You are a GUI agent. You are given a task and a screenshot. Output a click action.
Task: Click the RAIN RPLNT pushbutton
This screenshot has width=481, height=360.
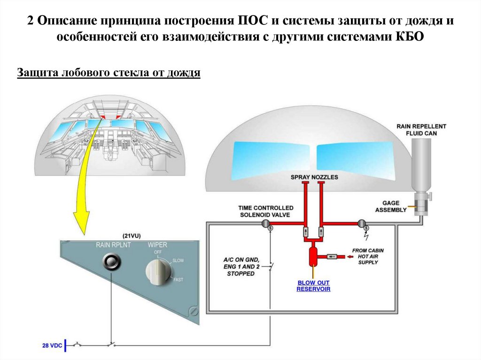coord(112,261)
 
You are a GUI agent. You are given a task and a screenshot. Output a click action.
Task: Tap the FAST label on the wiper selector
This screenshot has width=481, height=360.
coord(178,280)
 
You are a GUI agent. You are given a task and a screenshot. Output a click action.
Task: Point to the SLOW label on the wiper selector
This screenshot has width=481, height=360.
coord(178,260)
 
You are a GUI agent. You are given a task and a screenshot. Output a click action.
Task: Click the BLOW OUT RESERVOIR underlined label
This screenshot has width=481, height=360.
coord(313,286)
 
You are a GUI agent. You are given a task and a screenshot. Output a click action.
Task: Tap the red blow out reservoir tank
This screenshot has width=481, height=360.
coord(313,255)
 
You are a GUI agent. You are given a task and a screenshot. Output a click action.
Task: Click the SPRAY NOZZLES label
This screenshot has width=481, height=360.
coord(314,177)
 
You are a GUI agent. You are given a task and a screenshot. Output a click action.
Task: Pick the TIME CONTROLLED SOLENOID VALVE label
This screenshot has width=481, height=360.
coord(265,211)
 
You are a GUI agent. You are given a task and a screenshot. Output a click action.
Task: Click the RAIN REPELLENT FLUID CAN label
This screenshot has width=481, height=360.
coord(421,130)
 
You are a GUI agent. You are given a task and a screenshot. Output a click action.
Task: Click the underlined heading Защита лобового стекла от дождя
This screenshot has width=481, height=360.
coord(109,73)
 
